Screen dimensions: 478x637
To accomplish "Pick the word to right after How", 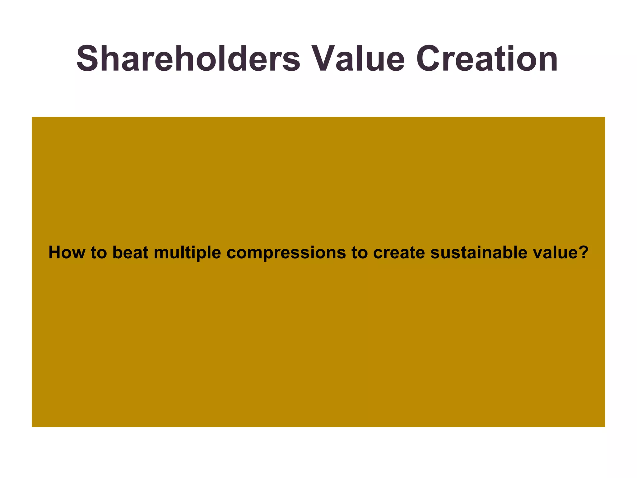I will point(99,252).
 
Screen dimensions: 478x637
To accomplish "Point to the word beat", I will point(130,252).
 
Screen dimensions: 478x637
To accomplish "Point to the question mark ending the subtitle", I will point(584,252).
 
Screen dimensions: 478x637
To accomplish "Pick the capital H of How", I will point(55,252).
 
